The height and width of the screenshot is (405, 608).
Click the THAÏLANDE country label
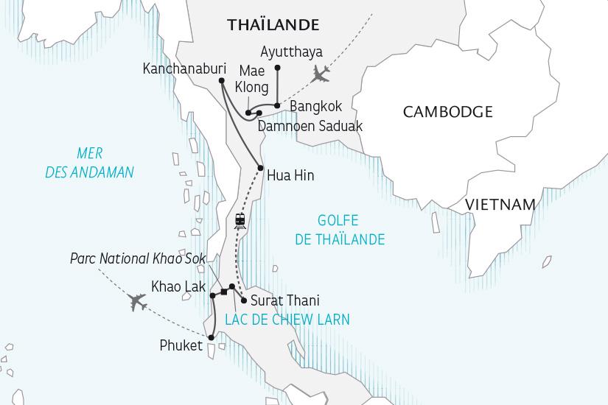(x=273, y=25)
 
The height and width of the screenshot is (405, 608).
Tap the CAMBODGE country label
(x=447, y=112)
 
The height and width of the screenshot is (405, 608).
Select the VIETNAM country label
(x=503, y=204)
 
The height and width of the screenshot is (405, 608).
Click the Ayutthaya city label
(x=293, y=52)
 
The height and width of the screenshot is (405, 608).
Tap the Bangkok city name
(x=315, y=107)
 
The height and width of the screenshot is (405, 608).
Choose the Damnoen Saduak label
(x=310, y=126)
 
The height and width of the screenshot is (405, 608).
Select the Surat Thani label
(x=281, y=300)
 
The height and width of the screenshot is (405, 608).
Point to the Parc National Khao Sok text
(x=139, y=259)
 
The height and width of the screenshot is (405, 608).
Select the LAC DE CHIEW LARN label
(x=281, y=320)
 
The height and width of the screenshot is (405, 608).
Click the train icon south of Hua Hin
(x=240, y=220)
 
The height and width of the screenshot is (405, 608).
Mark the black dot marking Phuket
(x=211, y=338)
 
